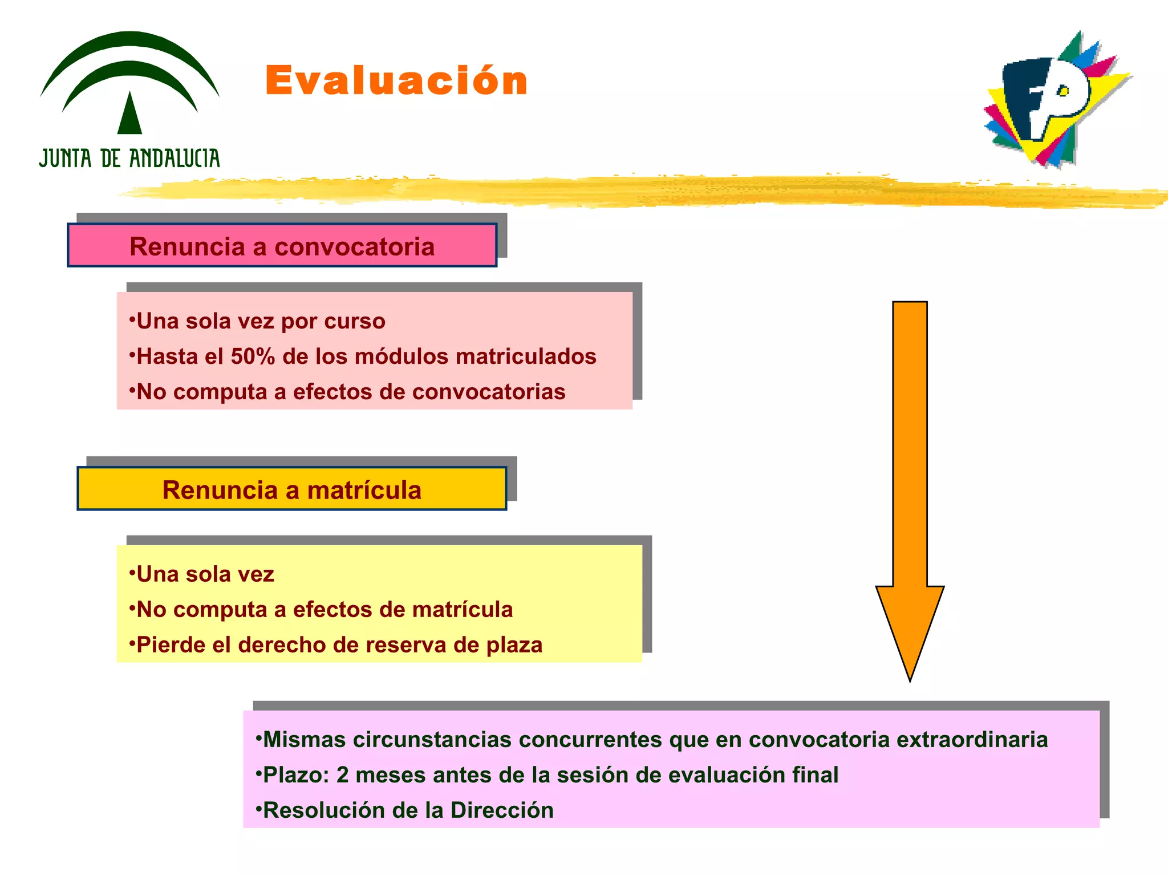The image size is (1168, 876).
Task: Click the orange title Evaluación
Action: [396, 81]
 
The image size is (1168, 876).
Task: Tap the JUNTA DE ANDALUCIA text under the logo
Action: [129, 158]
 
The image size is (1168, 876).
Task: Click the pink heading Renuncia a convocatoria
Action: [282, 246]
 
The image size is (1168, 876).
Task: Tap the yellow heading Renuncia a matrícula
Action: [291, 490]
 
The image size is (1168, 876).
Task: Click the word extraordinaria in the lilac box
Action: [972, 740]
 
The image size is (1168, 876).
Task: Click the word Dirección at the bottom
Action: [502, 810]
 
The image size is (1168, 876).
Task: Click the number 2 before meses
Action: [342, 775]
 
